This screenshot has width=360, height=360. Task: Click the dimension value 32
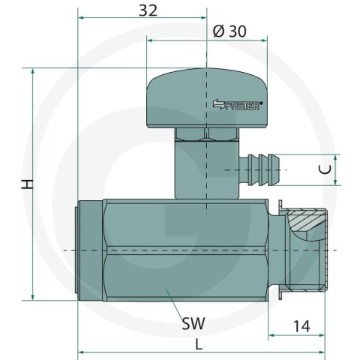pyautogui.click(x=148, y=10)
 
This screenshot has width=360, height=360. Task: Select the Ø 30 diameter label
pyautogui.click(x=229, y=31)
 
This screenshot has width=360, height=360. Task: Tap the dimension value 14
pyautogui.click(x=301, y=326)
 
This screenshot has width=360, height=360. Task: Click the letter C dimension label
pyautogui.click(x=325, y=169)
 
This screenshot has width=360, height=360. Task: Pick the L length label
pyautogui.click(x=199, y=344)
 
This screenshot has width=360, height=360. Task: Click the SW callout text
pyautogui.click(x=193, y=323)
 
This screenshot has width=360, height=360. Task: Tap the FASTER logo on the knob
pyautogui.click(x=238, y=104)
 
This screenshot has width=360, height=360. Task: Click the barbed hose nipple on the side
pyautogui.click(x=259, y=170)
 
